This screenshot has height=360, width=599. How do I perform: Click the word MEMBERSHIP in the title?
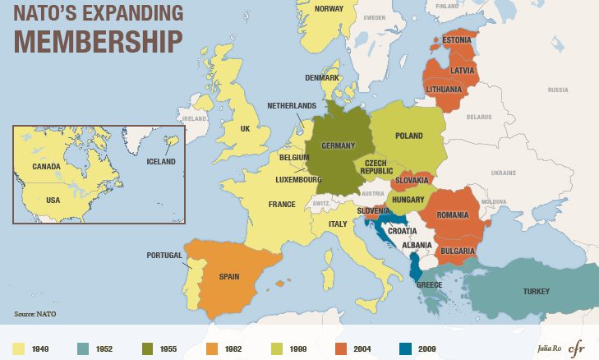(x=96, y=40)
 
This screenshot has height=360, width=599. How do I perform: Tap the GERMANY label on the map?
(x=338, y=145)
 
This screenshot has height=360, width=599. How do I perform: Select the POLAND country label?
(x=408, y=136)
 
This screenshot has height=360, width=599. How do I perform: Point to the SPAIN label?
(x=229, y=276)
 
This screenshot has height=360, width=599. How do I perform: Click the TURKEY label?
(x=536, y=292)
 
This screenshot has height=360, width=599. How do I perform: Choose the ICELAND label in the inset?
(x=161, y=162)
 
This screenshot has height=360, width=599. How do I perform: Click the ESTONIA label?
(x=457, y=40)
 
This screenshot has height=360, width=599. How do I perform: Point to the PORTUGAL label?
(x=164, y=256)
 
